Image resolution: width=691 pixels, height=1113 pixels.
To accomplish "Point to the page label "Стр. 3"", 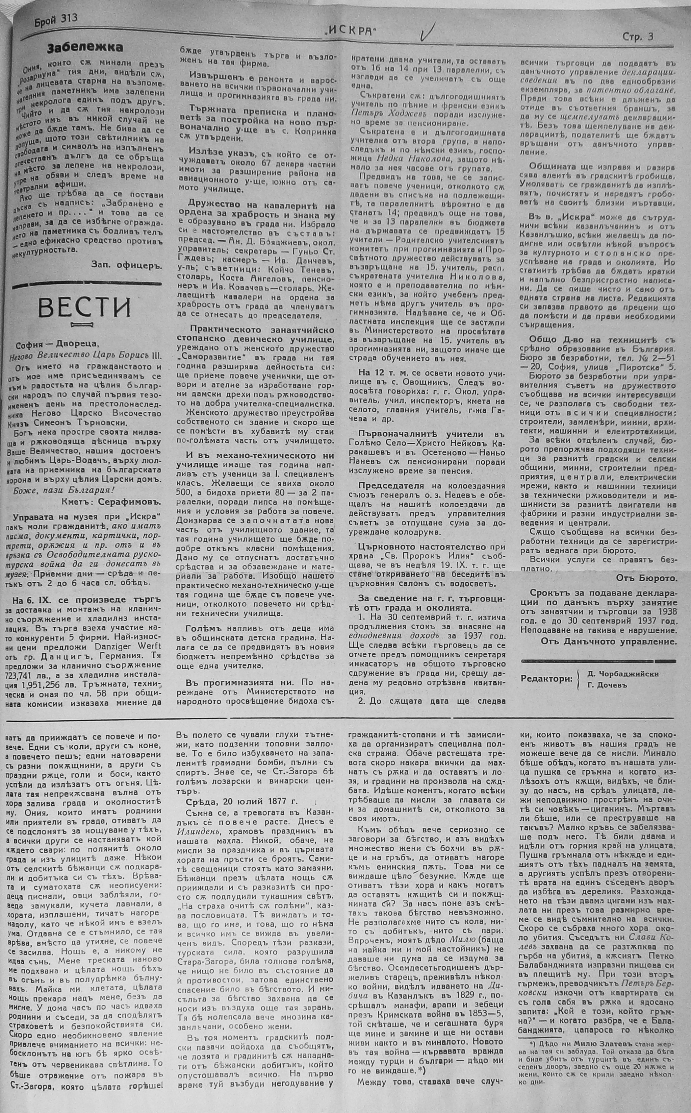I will pyautogui.click(x=638, y=38).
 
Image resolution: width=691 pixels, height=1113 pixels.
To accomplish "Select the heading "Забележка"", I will pyautogui.click(x=85, y=48).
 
